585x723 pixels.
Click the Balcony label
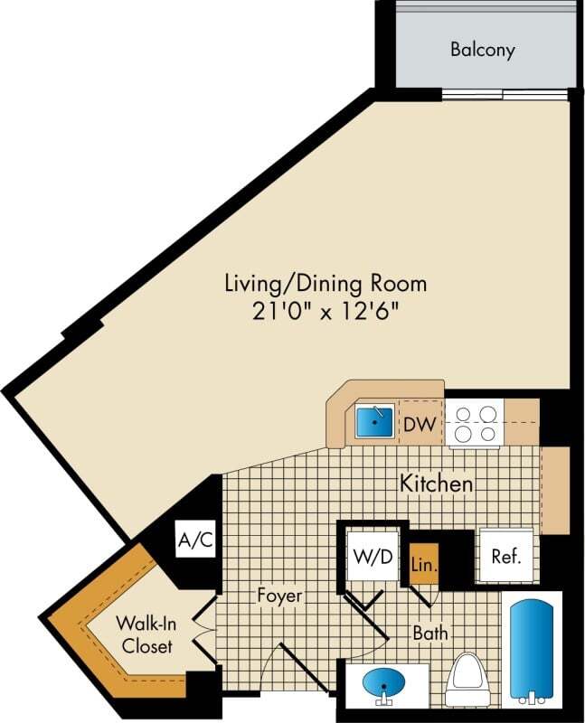tap(483, 49)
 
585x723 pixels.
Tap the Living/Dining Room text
tap(325, 283)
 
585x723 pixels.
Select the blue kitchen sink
tap(373, 420)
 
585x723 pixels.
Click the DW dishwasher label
tap(417, 423)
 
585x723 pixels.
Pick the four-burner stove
tap(474, 423)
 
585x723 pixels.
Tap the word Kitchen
tap(436, 484)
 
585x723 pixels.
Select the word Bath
tap(430, 633)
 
